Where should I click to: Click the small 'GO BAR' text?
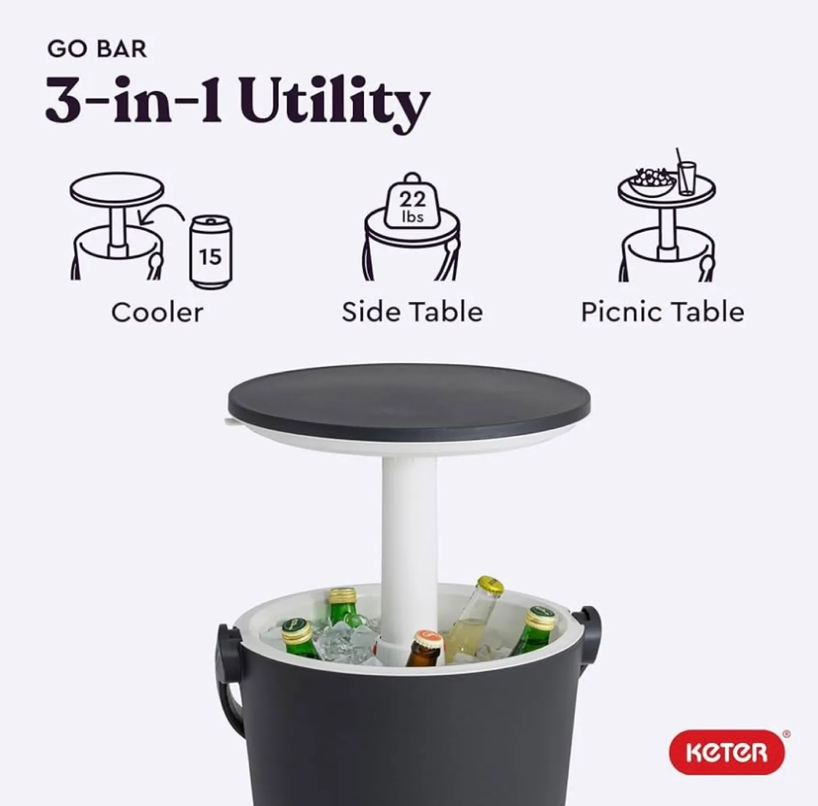tap(97, 49)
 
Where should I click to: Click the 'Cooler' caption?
tap(157, 312)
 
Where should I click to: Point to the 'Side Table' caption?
tap(412, 312)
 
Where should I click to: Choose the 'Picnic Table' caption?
tap(662, 312)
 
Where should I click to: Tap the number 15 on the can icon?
tap(210, 257)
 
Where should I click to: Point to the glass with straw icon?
tap(686, 176)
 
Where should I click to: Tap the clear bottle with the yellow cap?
tap(473, 619)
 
